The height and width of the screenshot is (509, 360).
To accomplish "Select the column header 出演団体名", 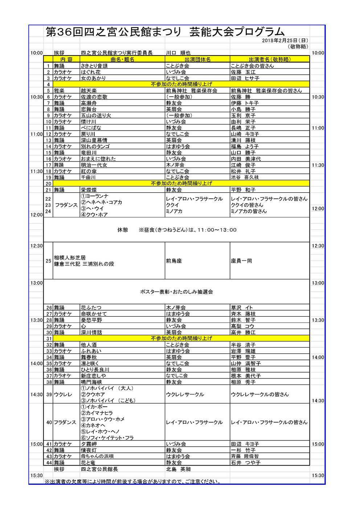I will click(197, 59).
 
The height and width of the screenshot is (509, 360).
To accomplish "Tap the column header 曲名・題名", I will click(122, 59).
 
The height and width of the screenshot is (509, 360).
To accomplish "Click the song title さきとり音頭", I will click(94, 66).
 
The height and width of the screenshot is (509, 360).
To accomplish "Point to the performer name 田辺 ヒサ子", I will click(245, 78).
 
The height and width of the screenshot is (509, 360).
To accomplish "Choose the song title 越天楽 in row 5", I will click(89, 91).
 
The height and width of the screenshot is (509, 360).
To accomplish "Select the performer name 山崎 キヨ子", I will click(245, 134).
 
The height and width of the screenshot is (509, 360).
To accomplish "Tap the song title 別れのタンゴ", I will click(95, 147).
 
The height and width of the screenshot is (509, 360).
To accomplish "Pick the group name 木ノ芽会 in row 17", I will click(176, 165).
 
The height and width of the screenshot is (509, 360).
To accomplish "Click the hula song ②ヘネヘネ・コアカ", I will click(101, 202).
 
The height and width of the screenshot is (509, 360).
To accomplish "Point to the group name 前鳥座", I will click(173, 261).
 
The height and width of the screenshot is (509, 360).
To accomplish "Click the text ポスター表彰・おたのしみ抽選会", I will click(176, 292).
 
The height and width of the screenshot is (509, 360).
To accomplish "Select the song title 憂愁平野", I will click(91, 320).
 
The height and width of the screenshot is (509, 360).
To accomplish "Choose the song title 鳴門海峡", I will click(91, 382).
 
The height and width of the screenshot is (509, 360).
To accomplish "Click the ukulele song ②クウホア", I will click(93, 394).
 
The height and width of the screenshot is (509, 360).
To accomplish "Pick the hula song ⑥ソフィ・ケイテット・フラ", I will click(107, 438).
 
